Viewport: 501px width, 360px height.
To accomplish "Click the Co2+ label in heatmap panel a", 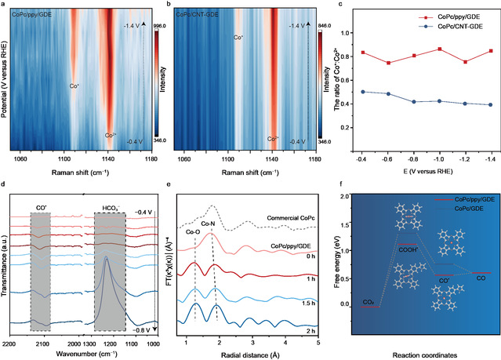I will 112,135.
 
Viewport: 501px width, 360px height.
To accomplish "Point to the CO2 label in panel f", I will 368,323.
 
